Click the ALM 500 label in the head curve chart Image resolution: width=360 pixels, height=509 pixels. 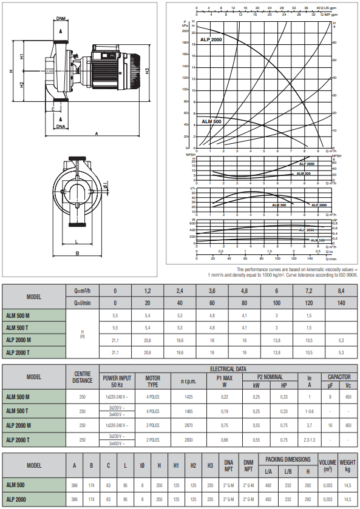[x=211, y=122]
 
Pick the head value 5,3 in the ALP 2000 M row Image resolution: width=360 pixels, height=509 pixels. [x=342, y=340]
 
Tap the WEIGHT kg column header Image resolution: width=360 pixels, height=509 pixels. [x=348, y=465]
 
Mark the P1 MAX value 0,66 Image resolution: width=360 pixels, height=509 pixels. [x=225, y=439]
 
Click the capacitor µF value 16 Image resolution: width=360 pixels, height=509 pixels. [x=330, y=425]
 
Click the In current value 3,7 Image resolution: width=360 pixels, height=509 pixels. [x=309, y=425]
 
